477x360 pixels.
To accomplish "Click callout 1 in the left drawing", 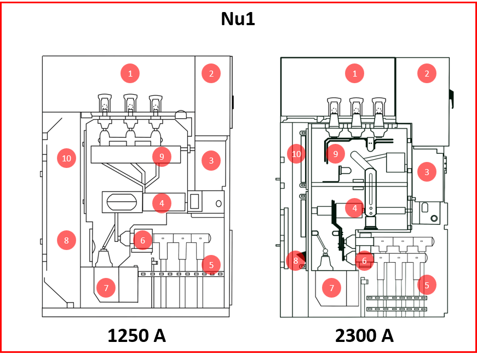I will tap(130, 73).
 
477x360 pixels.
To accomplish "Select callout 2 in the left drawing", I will tap(211, 73).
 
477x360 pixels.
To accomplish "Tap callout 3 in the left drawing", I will tap(211, 161).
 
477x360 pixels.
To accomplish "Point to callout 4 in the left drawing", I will tap(162, 203).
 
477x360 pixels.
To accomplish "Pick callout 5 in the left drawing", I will tap(211, 265).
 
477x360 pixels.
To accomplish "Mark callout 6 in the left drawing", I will tap(142, 240).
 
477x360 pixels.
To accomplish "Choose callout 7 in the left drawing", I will tap(106, 288).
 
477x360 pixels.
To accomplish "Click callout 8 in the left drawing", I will tap(66, 240).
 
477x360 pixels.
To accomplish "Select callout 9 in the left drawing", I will tap(162, 156).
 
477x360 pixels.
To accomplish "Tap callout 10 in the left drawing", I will tap(66, 159).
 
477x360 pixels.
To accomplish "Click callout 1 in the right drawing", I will tap(355, 73).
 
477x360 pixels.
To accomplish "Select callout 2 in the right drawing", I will tap(427, 73).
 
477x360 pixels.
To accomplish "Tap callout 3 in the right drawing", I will tap(427, 172).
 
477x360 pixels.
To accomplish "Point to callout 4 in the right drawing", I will tap(355, 208).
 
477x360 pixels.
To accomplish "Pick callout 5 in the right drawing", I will tap(427, 284).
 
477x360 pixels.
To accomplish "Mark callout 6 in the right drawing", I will tap(364, 260).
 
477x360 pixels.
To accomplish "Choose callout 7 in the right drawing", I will tap(331, 288).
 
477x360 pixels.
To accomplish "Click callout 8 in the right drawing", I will tap(296, 260).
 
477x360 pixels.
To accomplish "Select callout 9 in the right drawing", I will tap(335, 154).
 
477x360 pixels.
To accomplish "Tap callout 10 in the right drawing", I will tap(296, 154).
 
